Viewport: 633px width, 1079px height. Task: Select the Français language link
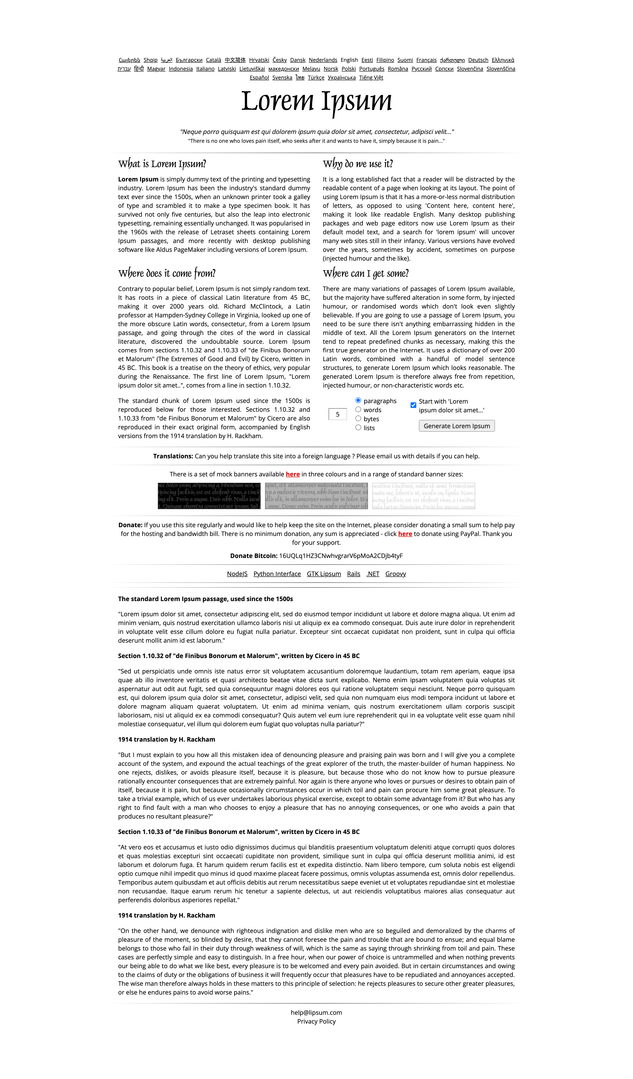[426, 60]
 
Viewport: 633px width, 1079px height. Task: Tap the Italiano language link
[205, 69]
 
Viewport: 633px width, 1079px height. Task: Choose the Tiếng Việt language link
[371, 77]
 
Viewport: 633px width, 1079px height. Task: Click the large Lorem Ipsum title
[316, 101]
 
